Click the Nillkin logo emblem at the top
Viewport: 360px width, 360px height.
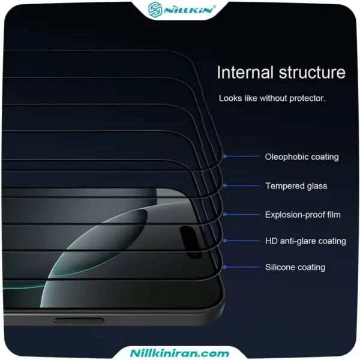155,10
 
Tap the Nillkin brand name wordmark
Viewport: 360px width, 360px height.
189,10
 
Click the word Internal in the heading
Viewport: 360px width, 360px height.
245,73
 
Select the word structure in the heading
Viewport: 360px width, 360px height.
312,73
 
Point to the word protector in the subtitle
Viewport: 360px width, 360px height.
307,98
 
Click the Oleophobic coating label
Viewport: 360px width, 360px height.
302,157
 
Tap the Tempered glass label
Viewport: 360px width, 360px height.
296,186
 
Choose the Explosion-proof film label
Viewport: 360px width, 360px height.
303,215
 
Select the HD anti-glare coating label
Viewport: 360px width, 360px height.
305,241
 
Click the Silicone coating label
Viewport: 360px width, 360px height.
295,267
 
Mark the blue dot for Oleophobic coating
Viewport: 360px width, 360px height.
225,157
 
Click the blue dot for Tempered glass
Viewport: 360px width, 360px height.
225,185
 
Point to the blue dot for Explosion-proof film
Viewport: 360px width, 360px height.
225,214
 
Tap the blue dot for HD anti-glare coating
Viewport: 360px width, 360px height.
225,241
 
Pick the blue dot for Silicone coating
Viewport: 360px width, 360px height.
225,267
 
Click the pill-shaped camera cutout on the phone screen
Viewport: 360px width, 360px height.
190,242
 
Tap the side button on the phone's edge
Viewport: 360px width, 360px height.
79,320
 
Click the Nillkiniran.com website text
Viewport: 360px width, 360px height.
179,353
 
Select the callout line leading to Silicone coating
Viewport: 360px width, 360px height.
242,267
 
